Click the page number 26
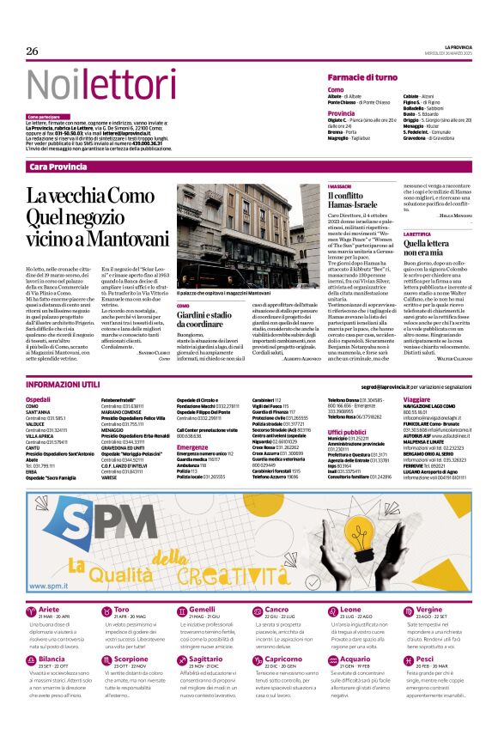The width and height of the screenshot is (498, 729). point(33,52)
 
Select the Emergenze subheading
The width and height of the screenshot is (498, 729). point(193,447)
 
